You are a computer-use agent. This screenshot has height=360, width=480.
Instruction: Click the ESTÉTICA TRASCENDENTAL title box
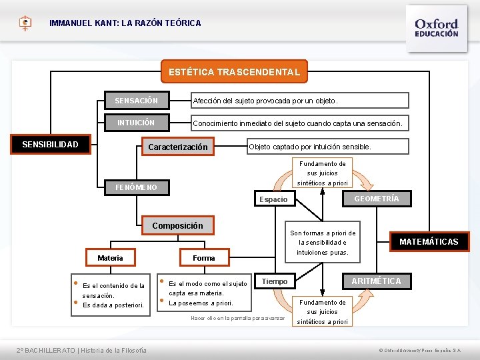coord(234,71)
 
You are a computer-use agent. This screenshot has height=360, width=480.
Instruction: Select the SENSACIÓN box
coord(137,101)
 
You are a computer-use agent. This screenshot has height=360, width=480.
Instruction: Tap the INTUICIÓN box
coord(137,123)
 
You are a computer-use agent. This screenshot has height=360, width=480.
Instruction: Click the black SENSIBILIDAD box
coord(50,145)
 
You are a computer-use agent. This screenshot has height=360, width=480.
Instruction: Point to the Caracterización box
coord(177,147)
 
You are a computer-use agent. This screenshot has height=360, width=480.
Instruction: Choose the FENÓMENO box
coord(137,187)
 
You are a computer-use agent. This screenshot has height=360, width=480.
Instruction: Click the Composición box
coord(177,225)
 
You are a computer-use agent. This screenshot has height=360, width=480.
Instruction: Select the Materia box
coord(110,258)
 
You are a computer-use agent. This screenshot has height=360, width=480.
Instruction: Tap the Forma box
coord(203,258)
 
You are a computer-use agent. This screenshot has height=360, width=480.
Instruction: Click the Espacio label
coord(273,199)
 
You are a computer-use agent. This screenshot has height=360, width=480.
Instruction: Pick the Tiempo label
coord(274,281)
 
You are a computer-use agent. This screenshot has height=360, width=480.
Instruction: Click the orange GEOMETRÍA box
coord(377,199)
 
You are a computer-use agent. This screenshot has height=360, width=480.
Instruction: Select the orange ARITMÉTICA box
coord(377,281)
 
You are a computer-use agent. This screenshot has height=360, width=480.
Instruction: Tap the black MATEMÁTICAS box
coord(429,241)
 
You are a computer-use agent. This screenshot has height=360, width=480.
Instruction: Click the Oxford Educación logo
coord(436,27)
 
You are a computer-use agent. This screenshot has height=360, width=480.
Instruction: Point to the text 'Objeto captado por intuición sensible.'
coord(309,147)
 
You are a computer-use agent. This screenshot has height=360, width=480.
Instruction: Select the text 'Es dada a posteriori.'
coord(113,305)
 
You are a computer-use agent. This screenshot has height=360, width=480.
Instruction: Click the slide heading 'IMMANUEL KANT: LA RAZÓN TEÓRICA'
coord(125,23)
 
